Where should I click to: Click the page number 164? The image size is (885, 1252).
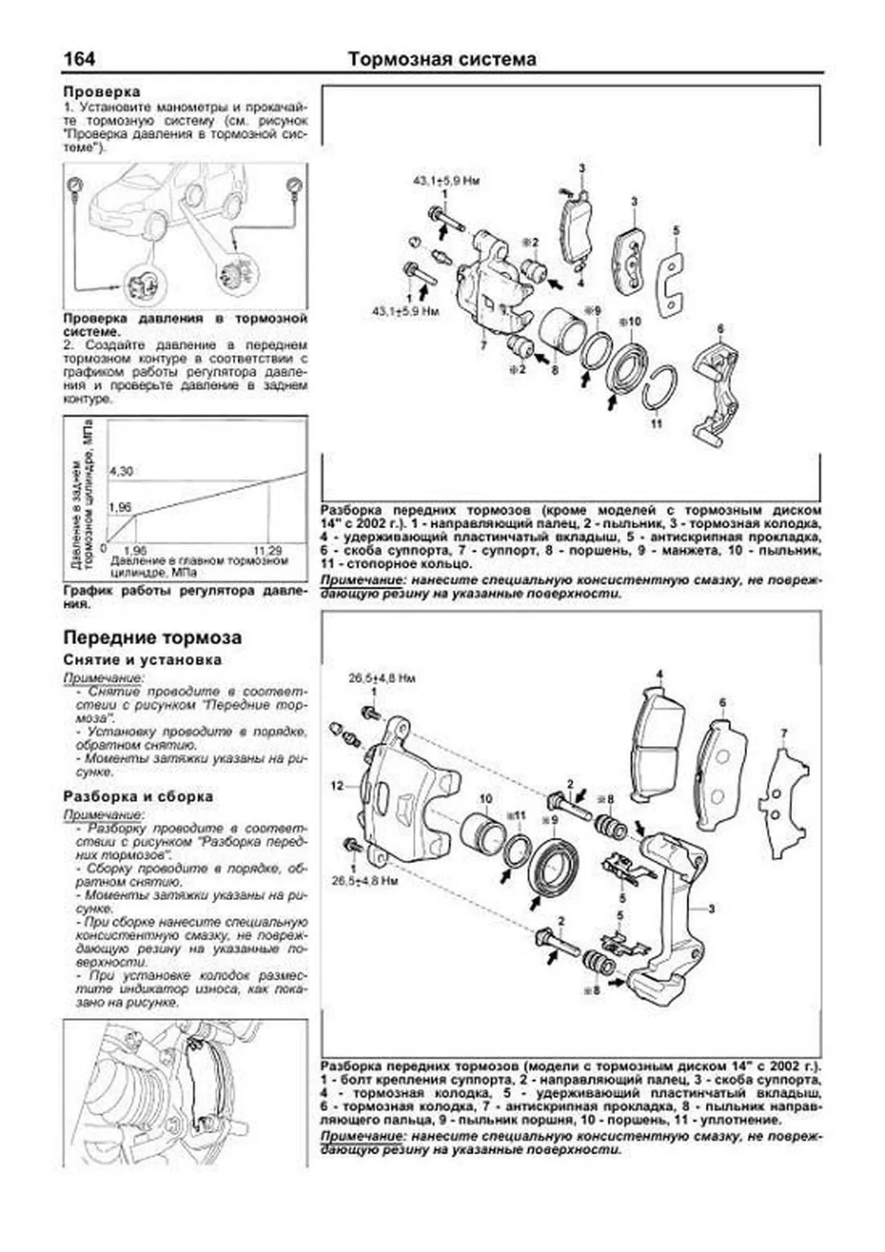tap(79, 59)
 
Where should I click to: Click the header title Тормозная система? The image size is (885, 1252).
tap(442, 59)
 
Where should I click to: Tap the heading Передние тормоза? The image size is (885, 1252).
tap(152, 637)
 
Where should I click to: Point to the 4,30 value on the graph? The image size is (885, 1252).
tap(121, 471)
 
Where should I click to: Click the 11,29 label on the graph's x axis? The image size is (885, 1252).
tap(268, 551)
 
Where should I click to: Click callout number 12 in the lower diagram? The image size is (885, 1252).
tap(337, 786)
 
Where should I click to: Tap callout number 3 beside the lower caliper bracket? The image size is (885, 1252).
tap(712, 909)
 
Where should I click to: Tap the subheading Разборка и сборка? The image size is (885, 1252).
tap(138, 797)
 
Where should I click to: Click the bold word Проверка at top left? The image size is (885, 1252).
tap(101, 92)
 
